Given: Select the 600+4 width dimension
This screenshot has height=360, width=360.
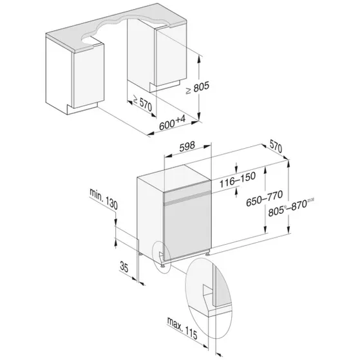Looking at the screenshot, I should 172,127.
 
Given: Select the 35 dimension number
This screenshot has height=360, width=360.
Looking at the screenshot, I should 124,266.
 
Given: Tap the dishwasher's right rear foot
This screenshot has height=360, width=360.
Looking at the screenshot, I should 207,254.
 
